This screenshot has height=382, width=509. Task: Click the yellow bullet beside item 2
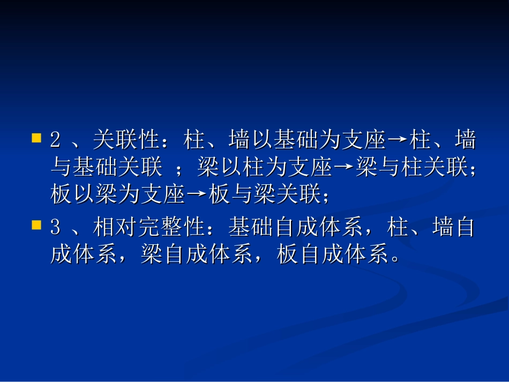coord(36,138)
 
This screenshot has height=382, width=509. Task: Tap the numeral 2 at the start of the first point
coord(55,141)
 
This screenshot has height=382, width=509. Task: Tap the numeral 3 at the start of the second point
coord(55,228)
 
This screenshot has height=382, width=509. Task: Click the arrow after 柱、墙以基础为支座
coord(397,141)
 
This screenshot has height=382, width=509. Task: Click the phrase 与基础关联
coord(106,168)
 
